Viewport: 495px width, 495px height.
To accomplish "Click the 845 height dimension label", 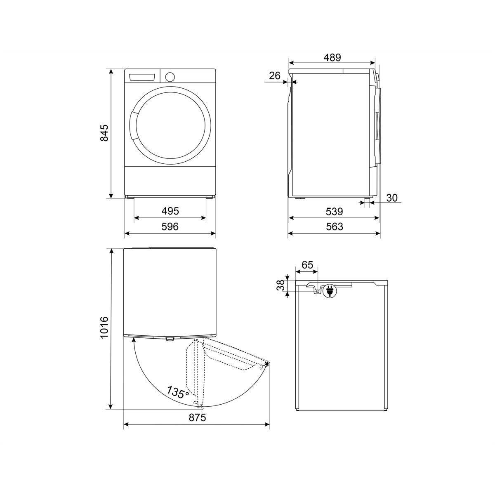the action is click(104, 133).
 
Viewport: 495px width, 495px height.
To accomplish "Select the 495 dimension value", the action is click(170, 211).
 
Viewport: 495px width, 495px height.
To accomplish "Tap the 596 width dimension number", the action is click(170, 226).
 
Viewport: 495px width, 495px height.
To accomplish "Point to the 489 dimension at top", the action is click(332, 57).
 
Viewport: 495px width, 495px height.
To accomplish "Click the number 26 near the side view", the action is click(275, 75).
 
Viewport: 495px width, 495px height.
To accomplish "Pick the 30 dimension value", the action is click(392, 198).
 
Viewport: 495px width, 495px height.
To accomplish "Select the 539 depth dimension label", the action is click(334, 212).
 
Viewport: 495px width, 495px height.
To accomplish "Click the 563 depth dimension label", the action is click(335, 226).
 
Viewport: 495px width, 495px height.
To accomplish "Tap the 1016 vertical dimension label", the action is click(104, 328).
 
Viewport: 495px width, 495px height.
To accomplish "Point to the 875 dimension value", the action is click(197, 417).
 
